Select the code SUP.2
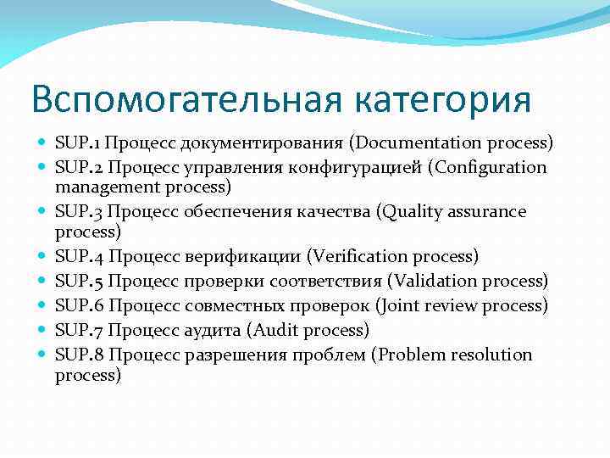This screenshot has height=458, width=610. click(x=78, y=167)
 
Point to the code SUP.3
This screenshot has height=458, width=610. click(x=78, y=211)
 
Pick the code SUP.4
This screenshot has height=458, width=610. click(x=78, y=255)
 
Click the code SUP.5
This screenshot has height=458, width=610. click(x=78, y=280)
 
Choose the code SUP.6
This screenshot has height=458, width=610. click(x=78, y=304)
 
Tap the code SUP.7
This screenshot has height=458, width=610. click(x=78, y=329)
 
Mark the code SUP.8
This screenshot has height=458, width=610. click(x=78, y=355)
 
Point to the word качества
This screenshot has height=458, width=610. click(x=321, y=211)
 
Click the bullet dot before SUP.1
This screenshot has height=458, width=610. click(x=42, y=142)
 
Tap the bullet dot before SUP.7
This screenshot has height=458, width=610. click(x=42, y=330)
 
